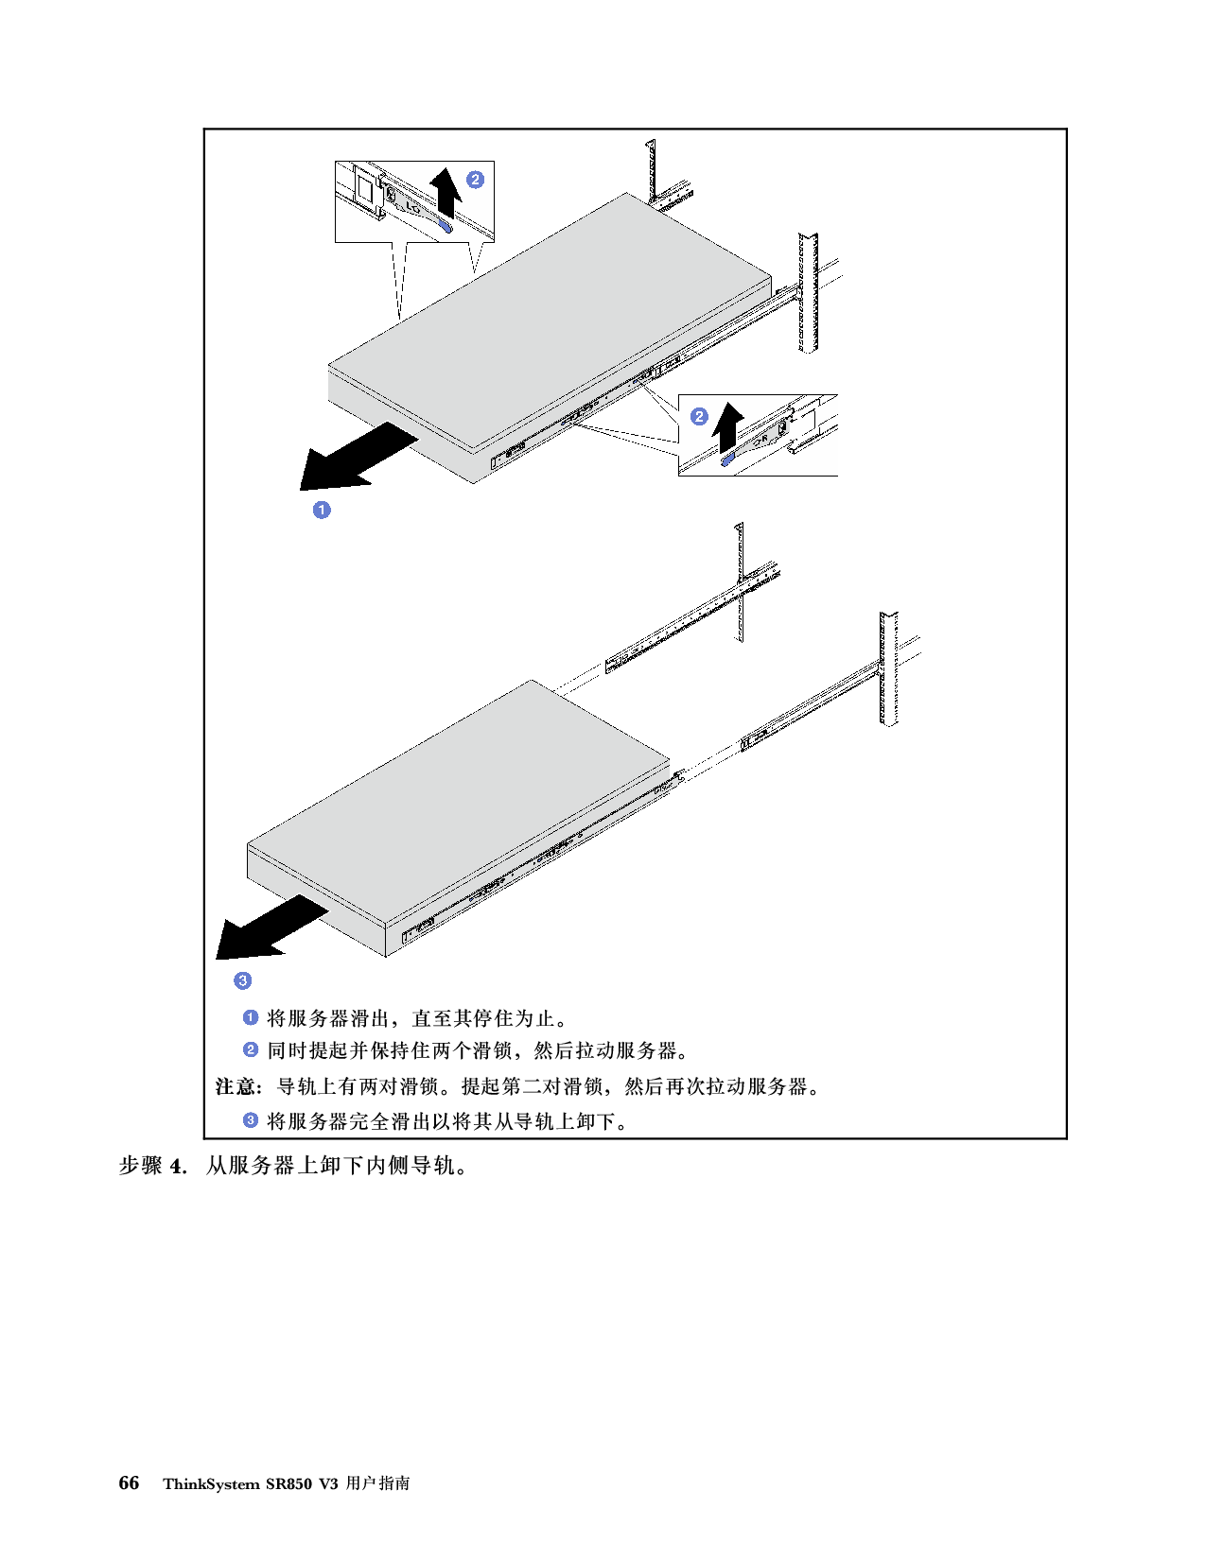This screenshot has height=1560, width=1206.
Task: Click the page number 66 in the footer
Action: pos(129,1482)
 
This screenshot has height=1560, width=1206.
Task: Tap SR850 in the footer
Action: pos(288,1484)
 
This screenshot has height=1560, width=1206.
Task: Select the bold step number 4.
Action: pos(178,1166)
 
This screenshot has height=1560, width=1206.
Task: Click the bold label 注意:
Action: pos(238,1086)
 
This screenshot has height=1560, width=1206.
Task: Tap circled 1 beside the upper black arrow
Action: pos(322,510)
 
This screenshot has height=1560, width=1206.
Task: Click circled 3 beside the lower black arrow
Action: pos(243,979)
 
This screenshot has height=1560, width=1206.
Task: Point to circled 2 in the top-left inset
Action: pos(475,180)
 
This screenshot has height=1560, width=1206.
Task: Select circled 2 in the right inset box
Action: pos(699,416)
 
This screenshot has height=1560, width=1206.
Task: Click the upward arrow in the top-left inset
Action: pos(446,192)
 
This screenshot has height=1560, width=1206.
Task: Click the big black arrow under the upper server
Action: pos(358,458)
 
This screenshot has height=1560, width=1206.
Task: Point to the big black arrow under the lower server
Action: pos(272,927)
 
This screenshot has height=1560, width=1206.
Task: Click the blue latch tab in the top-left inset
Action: pos(446,227)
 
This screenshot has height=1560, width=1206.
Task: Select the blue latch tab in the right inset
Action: pos(727,458)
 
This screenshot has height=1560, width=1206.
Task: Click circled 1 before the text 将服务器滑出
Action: pos(250,1017)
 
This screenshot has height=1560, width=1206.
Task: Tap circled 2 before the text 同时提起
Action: pos(250,1049)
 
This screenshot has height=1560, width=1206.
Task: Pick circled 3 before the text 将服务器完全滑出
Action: pos(250,1120)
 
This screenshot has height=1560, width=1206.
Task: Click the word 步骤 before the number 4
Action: pos(141,1166)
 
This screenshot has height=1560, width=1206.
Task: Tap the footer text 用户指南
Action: pos(377,1483)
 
